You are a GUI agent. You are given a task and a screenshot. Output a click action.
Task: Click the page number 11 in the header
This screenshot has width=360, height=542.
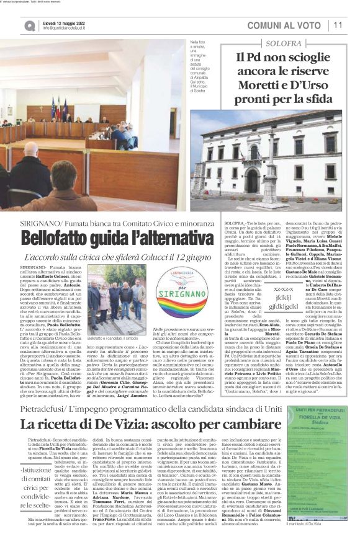pos(338,25)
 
